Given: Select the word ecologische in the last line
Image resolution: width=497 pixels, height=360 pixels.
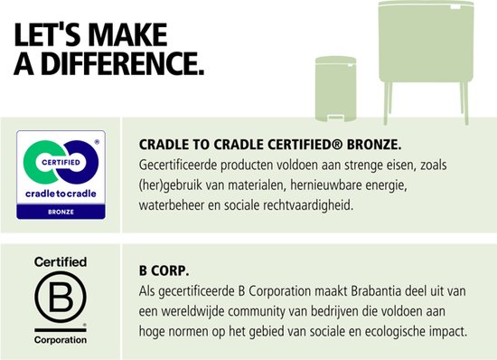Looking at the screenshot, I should [367, 331].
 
